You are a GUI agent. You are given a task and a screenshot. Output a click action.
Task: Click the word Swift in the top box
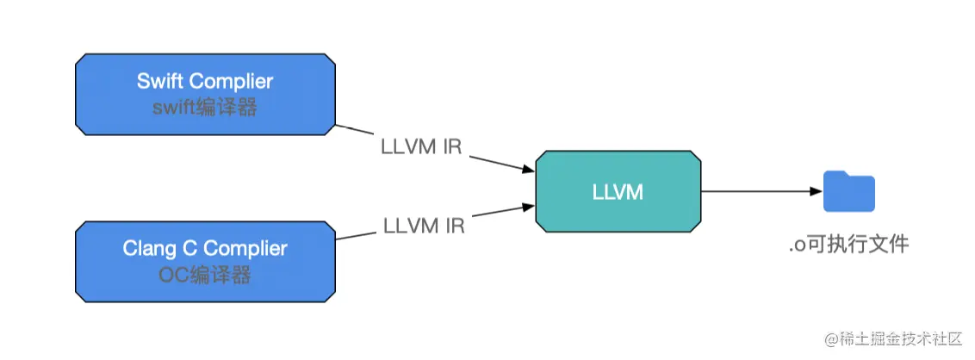click(161, 82)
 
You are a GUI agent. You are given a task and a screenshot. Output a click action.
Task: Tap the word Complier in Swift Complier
click(231, 82)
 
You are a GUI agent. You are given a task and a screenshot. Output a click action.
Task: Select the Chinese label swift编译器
click(205, 109)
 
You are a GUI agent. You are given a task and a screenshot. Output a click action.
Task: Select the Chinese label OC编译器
click(205, 276)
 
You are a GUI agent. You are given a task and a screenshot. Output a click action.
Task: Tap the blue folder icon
click(848, 191)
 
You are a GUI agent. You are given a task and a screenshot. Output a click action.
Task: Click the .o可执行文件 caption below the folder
click(848, 245)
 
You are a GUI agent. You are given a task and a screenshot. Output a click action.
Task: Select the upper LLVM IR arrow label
click(421, 146)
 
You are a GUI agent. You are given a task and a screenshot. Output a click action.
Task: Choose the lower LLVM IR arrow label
click(423, 227)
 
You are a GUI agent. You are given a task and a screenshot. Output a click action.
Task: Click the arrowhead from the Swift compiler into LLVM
click(527, 171)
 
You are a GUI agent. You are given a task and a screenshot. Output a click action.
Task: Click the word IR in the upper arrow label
click(451, 146)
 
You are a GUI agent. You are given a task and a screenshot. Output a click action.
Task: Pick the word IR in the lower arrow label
click(454, 227)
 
